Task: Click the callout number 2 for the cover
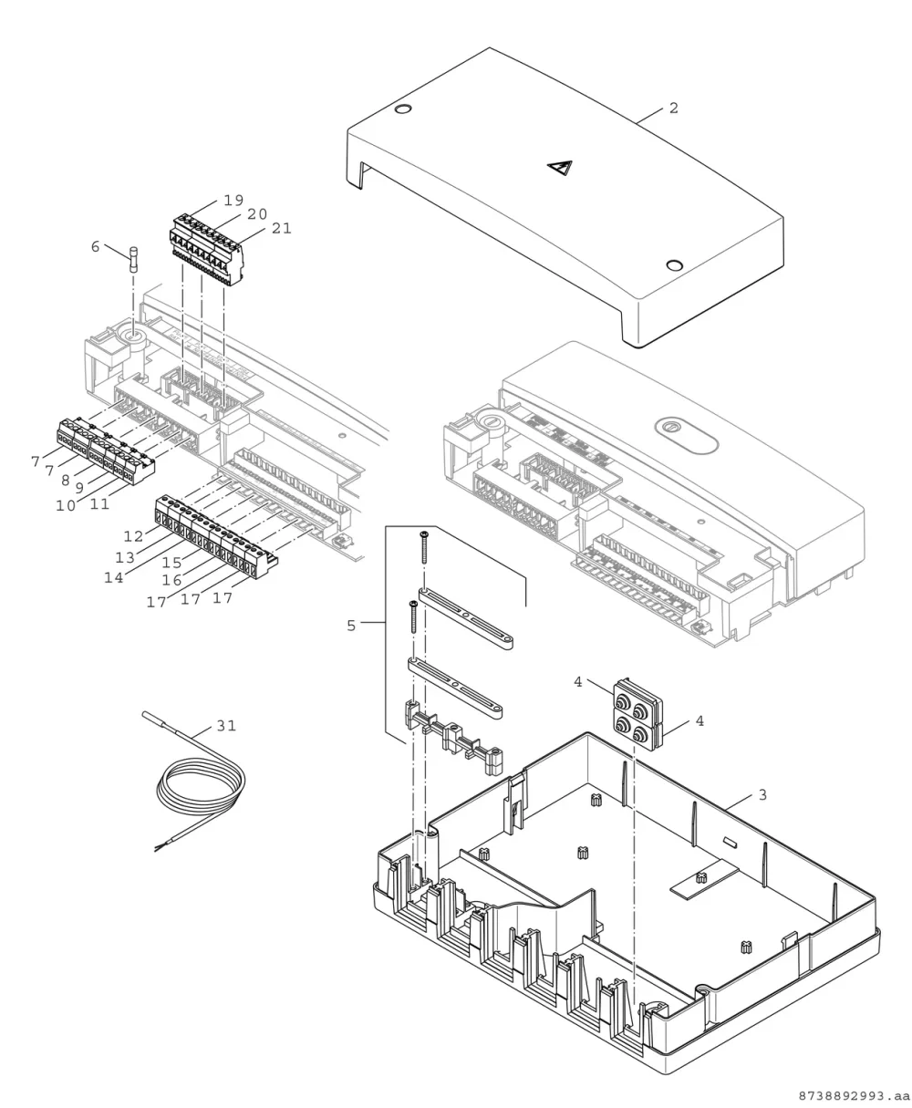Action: coord(673,109)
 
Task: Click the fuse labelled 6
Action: coord(134,259)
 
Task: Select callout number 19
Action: coord(233,201)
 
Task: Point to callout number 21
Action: coord(281,229)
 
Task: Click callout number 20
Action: coord(257,214)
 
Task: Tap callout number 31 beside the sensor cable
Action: coord(227,726)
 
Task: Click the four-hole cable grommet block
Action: coord(637,712)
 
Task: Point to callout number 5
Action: coord(351,626)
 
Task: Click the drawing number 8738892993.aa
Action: coord(854,1096)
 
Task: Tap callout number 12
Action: coord(133,536)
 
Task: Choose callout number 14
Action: coord(113,578)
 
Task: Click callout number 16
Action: coord(171,581)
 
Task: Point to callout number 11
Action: coord(99,504)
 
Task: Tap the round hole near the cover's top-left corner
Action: coord(403,109)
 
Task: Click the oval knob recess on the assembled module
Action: coord(686,436)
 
